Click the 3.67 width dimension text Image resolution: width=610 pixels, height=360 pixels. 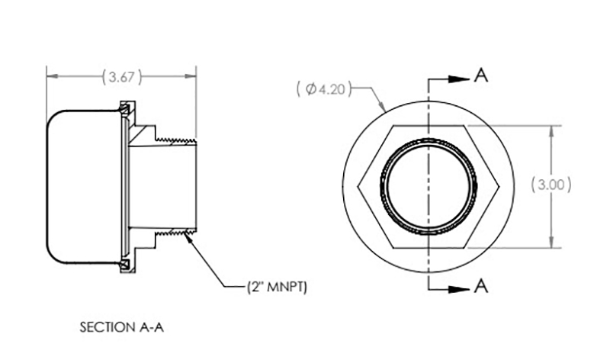click(x=122, y=77)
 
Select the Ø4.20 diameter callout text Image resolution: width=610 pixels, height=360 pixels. click(x=324, y=89)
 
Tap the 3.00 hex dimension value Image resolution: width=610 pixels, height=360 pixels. click(x=551, y=185)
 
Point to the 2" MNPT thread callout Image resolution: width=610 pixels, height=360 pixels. click(x=277, y=288)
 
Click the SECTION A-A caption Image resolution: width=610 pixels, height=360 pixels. click(x=122, y=327)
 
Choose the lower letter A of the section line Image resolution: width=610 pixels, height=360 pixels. click(x=481, y=286)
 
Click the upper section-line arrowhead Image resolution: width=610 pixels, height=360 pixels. click(x=459, y=79)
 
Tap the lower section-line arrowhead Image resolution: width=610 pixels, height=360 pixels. click(x=459, y=290)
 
